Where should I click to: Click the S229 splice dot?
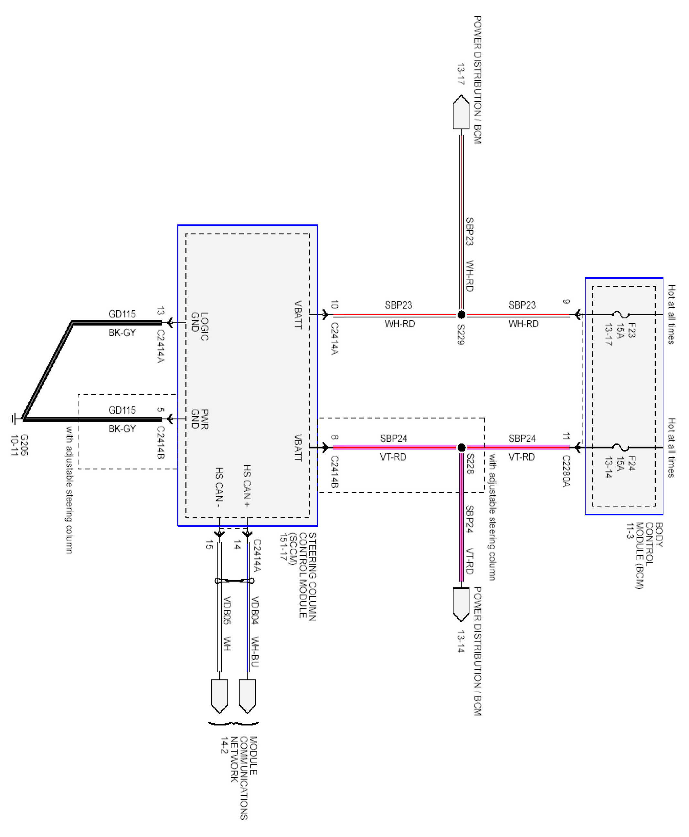(461, 315)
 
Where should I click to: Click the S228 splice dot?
(461, 448)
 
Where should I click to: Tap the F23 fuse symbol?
(620, 315)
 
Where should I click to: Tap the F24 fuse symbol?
(620, 448)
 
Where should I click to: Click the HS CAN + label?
(247, 486)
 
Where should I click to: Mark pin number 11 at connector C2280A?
(566, 436)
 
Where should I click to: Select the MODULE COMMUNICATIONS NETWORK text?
(240, 778)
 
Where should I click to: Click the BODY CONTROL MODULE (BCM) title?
(644, 555)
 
